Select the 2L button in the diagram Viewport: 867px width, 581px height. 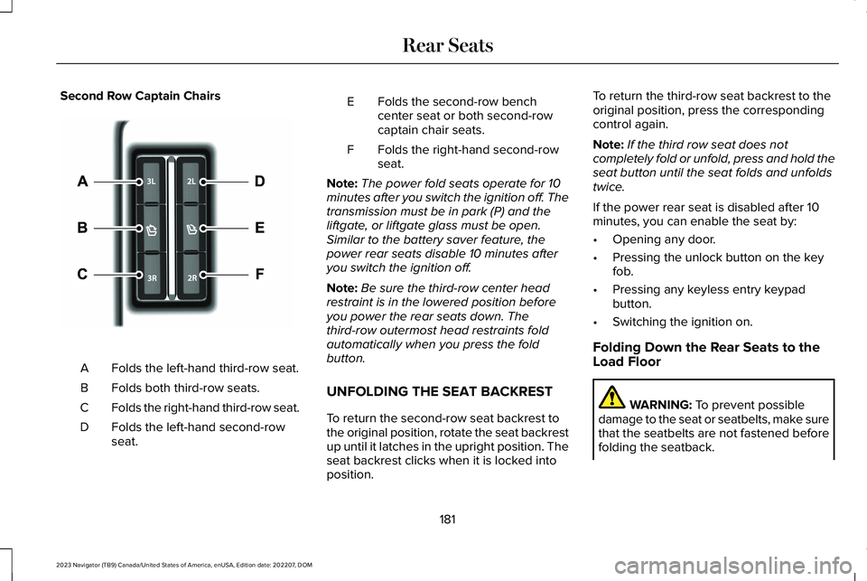[191, 182]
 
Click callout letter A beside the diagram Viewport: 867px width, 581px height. [82, 182]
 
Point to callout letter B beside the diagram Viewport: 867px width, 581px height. [82, 229]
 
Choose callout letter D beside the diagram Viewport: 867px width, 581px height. [259, 182]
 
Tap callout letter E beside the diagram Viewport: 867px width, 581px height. [259, 229]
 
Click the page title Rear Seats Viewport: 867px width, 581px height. [448, 45]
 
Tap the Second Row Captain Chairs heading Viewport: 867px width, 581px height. [140, 96]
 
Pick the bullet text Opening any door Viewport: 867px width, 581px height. [663, 239]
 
